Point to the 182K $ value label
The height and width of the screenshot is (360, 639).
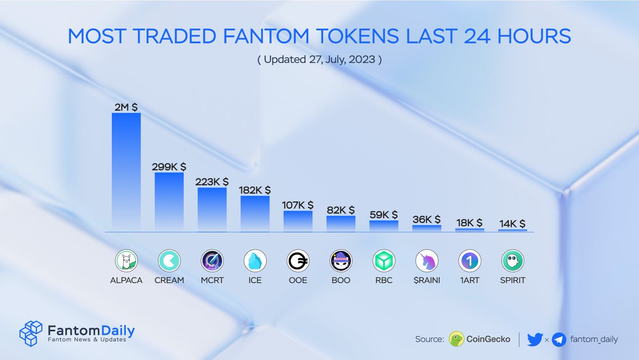(255, 190)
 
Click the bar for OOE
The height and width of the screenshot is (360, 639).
(298, 221)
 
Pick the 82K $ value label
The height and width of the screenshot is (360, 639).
(341, 210)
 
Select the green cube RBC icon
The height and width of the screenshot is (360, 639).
(384, 261)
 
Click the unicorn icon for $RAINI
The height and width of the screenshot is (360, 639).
(427, 261)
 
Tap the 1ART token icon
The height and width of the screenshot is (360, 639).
(470, 261)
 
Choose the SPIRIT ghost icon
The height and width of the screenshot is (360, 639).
(513, 261)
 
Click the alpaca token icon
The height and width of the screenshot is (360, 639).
(126, 261)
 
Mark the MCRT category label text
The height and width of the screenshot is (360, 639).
(212, 280)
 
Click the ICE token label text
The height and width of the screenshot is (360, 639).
(255, 280)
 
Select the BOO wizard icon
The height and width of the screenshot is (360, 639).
(341, 261)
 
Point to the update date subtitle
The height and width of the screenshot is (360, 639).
(319, 59)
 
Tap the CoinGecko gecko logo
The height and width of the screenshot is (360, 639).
(456, 339)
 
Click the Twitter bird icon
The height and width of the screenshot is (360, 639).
(534, 339)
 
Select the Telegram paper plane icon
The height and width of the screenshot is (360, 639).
(559, 339)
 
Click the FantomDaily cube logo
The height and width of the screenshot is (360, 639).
(30, 333)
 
